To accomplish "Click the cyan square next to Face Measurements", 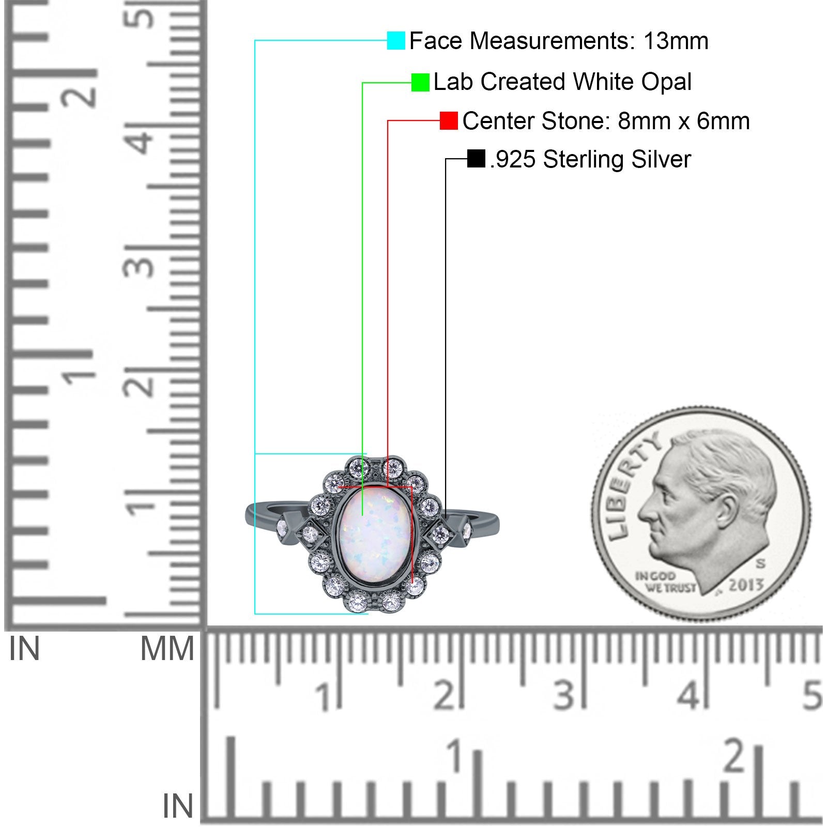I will click(396, 41).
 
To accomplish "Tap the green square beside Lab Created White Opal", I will click(420, 82).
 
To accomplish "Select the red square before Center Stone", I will click(449, 121).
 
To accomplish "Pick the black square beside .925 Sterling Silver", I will click(476, 159).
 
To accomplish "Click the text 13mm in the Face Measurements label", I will click(676, 41).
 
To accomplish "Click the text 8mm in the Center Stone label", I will click(633, 121).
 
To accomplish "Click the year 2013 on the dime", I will click(746, 585).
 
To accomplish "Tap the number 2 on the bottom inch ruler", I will click(734, 757).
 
